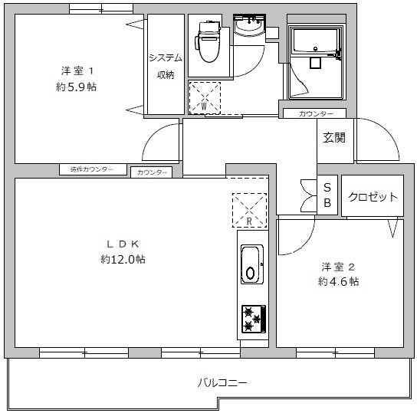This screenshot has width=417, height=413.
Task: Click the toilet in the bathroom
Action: click(208, 41)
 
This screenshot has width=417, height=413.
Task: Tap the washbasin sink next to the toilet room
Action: click(249, 28)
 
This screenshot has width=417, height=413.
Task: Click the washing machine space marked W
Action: click(205, 98)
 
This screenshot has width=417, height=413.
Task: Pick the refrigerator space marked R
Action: click(249, 210)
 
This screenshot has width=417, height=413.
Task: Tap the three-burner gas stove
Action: click(254, 319)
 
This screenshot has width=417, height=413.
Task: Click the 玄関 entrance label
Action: click(334, 138)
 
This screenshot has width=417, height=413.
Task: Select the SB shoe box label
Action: click(327, 195)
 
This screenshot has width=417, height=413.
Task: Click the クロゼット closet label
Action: click(373, 197)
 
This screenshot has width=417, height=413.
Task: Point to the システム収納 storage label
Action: click(166, 67)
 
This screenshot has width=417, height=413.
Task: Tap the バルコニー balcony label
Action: click(222, 383)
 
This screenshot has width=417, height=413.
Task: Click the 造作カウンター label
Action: click(92, 169)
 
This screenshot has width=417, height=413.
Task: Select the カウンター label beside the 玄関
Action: click(316, 114)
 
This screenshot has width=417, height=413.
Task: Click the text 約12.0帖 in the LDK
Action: click(123, 259)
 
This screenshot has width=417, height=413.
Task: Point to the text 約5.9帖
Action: click(76, 87)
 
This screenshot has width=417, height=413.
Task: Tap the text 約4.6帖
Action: click(338, 281)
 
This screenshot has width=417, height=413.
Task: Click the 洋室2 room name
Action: click(338, 267)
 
